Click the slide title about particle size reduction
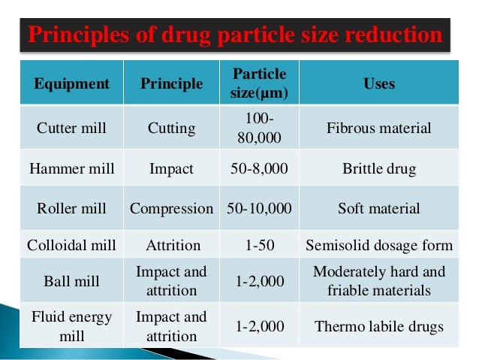(x=235, y=35)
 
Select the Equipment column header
(x=71, y=83)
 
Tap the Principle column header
(x=172, y=83)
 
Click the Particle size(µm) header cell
(x=259, y=84)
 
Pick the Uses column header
(x=379, y=83)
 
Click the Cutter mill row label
(x=71, y=128)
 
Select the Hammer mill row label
(x=71, y=168)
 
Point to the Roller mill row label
(x=71, y=208)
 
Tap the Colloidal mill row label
(x=71, y=245)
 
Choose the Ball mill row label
(x=71, y=280)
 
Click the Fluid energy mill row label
(x=71, y=326)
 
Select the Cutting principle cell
(x=172, y=128)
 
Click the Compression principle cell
(x=172, y=208)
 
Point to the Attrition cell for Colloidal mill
(x=172, y=245)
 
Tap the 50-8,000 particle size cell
(x=259, y=168)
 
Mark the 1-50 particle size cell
(x=259, y=245)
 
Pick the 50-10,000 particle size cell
(x=259, y=208)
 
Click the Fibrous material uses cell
(x=379, y=128)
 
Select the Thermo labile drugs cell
(x=379, y=326)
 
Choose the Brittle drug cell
(x=379, y=168)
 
